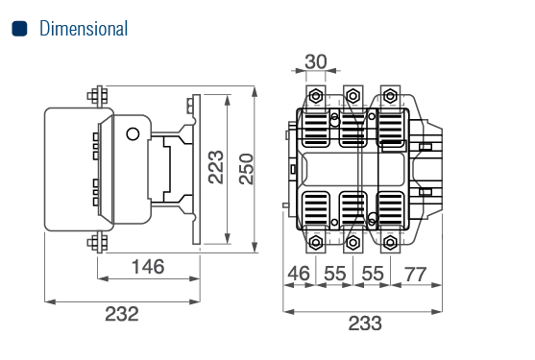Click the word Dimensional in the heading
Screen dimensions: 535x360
[x=84, y=28]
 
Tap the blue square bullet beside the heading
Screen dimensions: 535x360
[x=19, y=28]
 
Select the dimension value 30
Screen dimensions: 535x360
[x=316, y=61]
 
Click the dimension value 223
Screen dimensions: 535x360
[x=216, y=167]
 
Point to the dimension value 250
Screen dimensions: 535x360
[x=246, y=169]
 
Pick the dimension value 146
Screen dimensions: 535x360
[x=148, y=267]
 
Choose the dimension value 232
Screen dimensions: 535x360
[x=122, y=314]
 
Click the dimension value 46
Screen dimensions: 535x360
[x=299, y=274]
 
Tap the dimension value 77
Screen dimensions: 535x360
[x=415, y=274]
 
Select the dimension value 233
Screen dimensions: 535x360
[x=365, y=324]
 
